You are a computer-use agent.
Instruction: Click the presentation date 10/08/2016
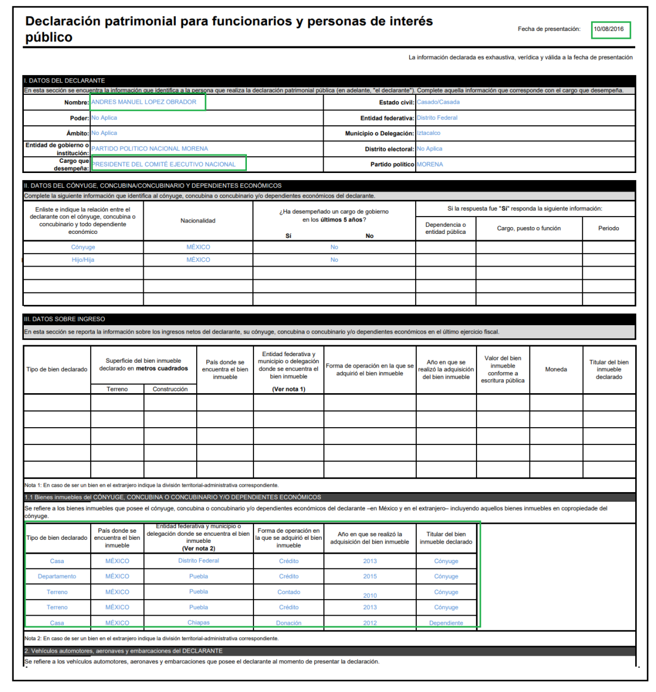(x=608, y=29)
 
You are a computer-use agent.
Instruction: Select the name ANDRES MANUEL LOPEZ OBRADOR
(x=144, y=102)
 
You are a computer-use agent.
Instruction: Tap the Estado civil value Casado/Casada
(x=438, y=102)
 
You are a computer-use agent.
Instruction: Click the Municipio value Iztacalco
(x=428, y=133)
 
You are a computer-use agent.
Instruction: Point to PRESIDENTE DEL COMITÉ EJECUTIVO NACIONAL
(x=163, y=164)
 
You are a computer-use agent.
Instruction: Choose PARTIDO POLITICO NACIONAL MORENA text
(x=150, y=149)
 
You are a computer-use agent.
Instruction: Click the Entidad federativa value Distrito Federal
(x=437, y=118)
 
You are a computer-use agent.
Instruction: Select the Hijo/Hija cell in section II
(x=83, y=259)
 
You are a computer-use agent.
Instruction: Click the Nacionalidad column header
(x=198, y=221)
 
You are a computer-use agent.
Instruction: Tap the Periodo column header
(x=608, y=228)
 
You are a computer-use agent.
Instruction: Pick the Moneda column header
(x=556, y=369)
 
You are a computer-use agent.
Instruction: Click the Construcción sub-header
(x=170, y=389)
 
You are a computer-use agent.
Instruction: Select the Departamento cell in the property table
(x=57, y=576)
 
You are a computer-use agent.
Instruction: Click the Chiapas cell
(x=199, y=622)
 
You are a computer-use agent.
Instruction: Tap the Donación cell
(x=289, y=623)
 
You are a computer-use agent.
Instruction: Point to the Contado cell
(x=289, y=592)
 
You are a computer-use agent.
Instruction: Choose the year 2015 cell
(x=370, y=576)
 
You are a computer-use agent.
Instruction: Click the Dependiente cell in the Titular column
(x=446, y=623)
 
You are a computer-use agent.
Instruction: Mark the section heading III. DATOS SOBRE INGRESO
(x=64, y=319)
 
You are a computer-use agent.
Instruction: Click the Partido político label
(x=392, y=164)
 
